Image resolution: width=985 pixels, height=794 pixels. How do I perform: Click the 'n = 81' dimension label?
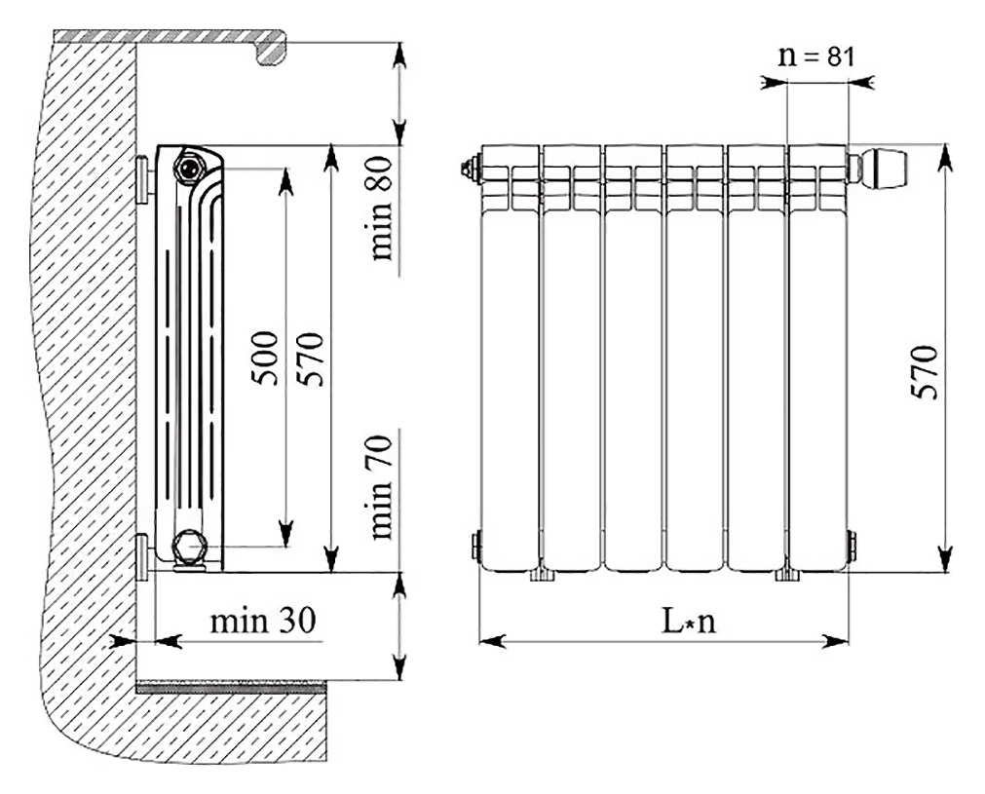(x=816, y=56)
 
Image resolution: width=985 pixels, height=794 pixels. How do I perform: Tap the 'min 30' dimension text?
(x=263, y=621)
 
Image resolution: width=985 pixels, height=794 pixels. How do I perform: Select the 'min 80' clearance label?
(x=381, y=208)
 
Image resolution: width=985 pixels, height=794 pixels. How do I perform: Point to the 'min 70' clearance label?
(x=381, y=487)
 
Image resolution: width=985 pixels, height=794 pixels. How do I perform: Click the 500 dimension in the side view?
(x=264, y=359)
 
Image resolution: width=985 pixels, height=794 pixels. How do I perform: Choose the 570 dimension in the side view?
(x=311, y=359)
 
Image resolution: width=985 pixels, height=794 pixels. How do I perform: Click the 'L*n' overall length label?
(x=689, y=622)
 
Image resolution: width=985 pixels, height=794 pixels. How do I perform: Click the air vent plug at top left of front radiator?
(x=470, y=168)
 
